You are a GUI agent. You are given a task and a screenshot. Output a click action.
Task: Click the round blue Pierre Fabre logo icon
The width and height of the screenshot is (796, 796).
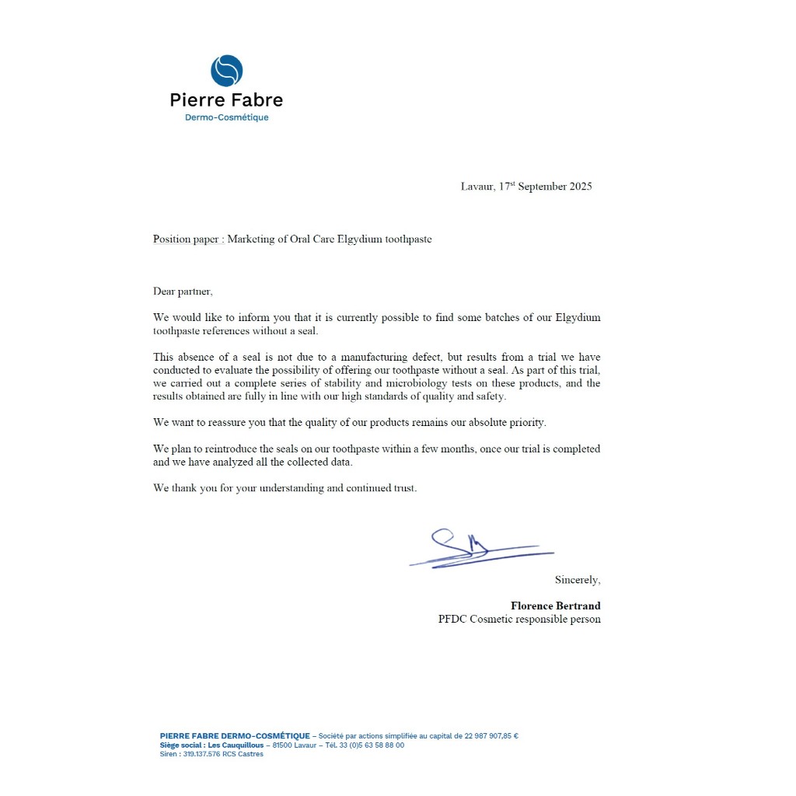point(227,71)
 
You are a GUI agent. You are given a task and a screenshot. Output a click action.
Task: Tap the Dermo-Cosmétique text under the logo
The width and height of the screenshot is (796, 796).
point(226,117)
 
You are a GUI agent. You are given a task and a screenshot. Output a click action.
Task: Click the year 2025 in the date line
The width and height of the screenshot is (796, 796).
point(581,187)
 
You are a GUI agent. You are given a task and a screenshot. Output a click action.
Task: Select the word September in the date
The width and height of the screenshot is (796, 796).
point(543,187)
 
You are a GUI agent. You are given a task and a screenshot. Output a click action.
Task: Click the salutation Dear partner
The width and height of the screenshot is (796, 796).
point(183,292)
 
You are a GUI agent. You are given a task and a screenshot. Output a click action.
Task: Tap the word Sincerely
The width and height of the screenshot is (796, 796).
point(577,580)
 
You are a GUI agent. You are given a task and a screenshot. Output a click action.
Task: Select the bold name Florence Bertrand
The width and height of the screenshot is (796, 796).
point(555,606)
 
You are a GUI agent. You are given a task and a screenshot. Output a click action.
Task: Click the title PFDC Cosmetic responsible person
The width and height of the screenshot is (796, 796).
point(519,620)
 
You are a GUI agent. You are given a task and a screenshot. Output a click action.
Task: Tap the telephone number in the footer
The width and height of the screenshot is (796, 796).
point(374,745)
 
